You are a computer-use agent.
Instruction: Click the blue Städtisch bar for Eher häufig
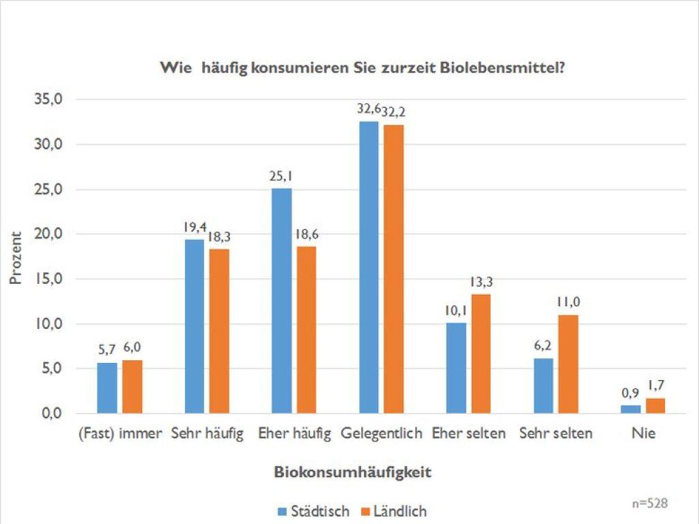[281, 300]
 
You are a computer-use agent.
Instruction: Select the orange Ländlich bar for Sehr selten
[568, 364]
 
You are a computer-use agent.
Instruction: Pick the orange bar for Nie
[655, 406]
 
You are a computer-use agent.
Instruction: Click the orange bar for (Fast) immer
[132, 386]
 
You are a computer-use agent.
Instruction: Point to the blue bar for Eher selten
[456, 368]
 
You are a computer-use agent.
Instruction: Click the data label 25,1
[281, 177]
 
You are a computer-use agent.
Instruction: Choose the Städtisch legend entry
[313, 510]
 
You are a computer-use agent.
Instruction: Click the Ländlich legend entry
[394, 510]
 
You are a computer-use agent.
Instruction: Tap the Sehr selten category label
[556, 433]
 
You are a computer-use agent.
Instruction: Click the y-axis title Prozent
[16, 257]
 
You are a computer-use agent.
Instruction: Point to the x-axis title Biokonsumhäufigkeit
[353, 472]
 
